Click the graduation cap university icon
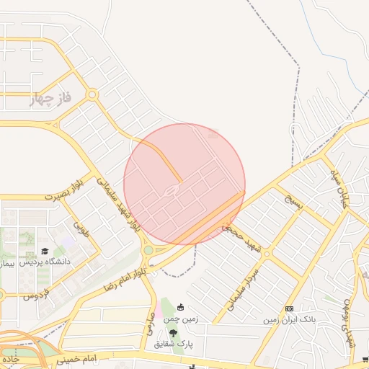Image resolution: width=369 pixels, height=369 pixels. point(45,252)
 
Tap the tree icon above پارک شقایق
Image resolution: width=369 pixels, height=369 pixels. point(173,333)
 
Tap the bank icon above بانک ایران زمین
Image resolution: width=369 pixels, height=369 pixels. point(290,308)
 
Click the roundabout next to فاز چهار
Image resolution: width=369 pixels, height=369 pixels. point(92,94)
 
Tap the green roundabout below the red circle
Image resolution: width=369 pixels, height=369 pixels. point(148,250)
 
